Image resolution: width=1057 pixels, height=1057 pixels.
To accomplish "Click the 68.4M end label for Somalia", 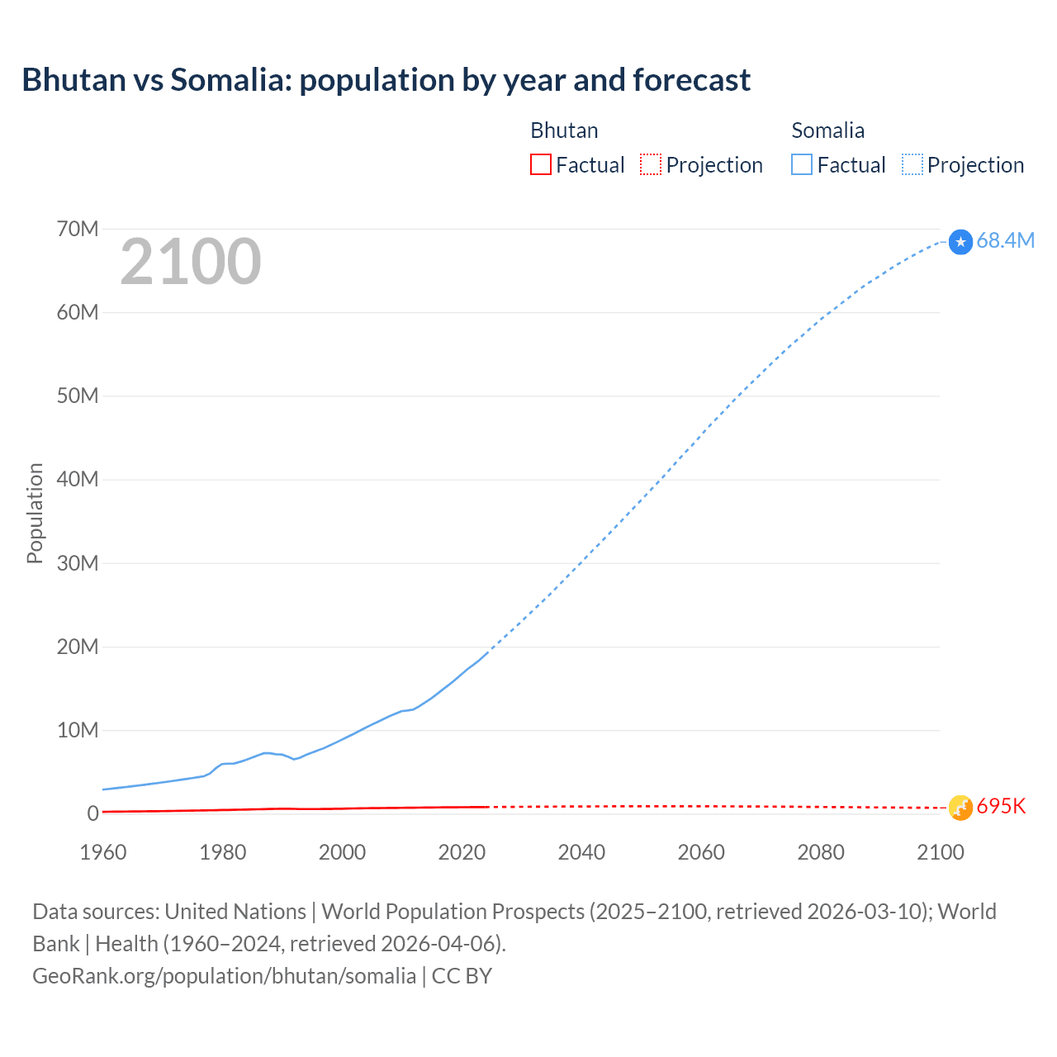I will tap(1005, 240).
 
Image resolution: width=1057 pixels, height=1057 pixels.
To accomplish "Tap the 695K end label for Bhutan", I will tap(1001, 807).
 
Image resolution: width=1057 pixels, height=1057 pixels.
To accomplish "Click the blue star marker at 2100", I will tap(960, 242).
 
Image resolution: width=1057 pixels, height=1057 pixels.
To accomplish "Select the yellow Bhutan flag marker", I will tap(960, 808).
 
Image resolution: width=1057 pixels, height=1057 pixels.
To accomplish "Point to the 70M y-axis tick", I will tap(78, 229).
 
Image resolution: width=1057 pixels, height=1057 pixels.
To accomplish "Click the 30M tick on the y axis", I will tap(78, 563).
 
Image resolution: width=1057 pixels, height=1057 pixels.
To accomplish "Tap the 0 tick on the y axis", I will tap(92, 813).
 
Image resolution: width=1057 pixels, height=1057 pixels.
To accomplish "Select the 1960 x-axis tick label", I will tap(103, 852).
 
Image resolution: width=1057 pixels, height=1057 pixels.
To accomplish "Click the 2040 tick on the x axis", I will tap(581, 852).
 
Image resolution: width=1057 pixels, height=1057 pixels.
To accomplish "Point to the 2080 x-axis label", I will tap(821, 852).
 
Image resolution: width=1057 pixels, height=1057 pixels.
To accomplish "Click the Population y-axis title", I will tap(35, 513).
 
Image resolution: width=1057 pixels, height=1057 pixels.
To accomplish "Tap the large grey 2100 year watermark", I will tap(191, 262).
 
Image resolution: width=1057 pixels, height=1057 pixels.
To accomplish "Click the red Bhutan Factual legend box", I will tap(541, 164).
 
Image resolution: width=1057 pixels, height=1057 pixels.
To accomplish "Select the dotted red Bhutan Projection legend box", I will tap(651, 164).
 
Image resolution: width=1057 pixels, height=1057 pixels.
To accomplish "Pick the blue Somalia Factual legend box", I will tap(802, 164).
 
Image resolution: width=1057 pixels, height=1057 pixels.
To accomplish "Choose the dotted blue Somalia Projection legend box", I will tap(912, 164).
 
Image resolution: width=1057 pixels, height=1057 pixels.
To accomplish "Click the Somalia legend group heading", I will tap(827, 130).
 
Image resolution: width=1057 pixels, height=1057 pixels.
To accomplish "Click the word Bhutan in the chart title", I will tap(73, 80).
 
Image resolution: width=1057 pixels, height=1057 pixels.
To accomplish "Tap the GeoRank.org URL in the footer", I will tap(224, 976).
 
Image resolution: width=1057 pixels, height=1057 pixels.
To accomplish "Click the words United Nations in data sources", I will tap(235, 912).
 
